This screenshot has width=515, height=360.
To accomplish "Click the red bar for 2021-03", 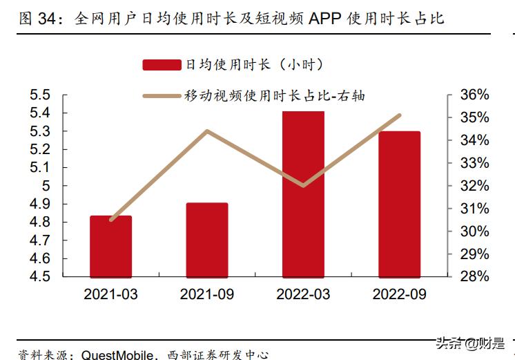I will (110, 246).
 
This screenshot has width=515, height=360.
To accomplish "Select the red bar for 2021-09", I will (207, 240).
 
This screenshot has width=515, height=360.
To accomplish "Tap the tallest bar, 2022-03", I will (304, 193).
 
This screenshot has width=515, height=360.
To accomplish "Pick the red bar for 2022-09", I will (400, 204).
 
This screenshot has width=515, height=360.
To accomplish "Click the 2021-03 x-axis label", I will (110, 294).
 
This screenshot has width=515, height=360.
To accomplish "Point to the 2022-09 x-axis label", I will (400, 294).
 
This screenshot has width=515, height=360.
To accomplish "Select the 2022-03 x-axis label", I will (304, 294).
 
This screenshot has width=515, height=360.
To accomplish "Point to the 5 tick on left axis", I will (46, 186).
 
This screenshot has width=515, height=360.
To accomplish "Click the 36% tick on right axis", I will (474, 95).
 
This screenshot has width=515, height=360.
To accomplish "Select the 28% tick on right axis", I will (474, 276).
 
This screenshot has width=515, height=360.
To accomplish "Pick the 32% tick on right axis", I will (474, 186).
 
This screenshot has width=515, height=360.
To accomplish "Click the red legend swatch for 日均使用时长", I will (162, 65).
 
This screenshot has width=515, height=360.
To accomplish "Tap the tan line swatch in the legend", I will (162, 96).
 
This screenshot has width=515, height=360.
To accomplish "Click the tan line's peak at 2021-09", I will (207, 131).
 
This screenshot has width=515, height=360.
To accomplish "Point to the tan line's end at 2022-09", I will (400, 115).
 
